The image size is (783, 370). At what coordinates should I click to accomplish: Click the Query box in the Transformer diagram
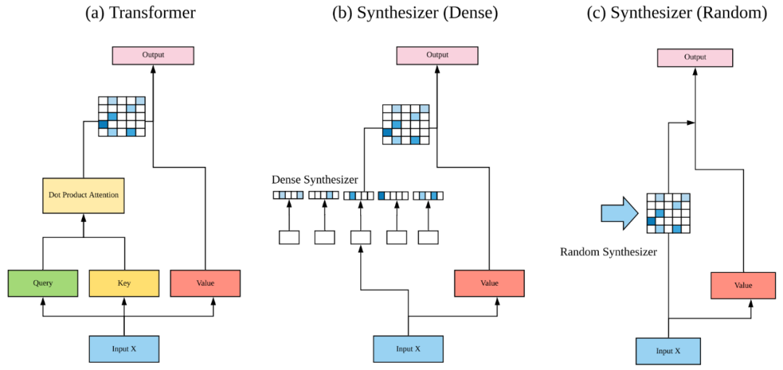[x=43, y=283]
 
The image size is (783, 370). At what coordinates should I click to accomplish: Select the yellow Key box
[x=124, y=283]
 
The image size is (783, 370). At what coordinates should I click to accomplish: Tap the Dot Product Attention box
[x=84, y=194]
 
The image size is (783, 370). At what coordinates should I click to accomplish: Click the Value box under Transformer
[x=205, y=283]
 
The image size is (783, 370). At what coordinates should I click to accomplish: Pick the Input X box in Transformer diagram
[x=124, y=349]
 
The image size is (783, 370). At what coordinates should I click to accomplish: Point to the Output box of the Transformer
[x=153, y=55]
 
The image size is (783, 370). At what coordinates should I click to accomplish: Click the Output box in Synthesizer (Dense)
[x=437, y=55]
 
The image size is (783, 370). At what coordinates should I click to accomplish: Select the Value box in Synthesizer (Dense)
[x=489, y=283]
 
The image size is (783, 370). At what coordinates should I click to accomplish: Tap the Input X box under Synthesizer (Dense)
[x=408, y=349]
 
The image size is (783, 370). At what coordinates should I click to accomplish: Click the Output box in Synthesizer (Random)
[x=695, y=57]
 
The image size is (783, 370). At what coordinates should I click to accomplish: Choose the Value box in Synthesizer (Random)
[x=743, y=285]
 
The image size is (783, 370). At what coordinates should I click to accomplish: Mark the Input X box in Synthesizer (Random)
[x=668, y=351]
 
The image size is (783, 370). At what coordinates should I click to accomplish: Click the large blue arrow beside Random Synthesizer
[x=618, y=213]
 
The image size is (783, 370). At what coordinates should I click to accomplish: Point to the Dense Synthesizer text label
[x=315, y=179]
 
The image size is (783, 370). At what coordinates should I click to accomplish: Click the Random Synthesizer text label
[x=608, y=252]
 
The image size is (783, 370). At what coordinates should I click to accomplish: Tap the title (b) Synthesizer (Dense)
[x=415, y=13]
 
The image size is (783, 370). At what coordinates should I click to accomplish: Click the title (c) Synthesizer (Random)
[x=676, y=13]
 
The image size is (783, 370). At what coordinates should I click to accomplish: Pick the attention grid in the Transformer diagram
[x=122, y=116]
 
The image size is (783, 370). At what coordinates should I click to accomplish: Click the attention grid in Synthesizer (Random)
[x=668, y=213]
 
